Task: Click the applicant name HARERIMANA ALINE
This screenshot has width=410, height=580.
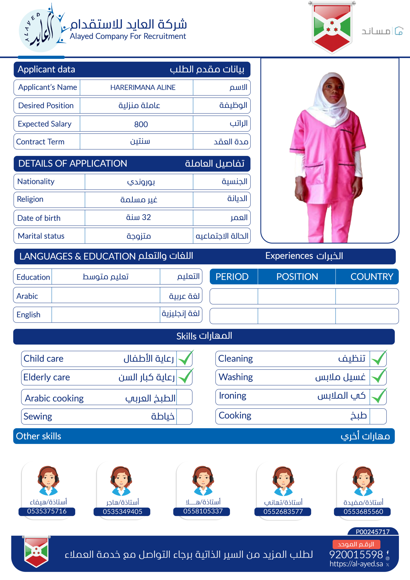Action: (143, 87)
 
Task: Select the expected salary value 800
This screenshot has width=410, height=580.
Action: (141, 124)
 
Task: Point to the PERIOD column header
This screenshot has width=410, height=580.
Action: (232, 277)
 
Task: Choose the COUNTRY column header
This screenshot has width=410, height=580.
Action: (371, 277)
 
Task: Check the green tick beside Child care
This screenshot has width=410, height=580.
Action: (185, 358)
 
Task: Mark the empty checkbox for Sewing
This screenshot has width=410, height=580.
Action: (184, 416)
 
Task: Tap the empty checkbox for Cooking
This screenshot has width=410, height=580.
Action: (378, 416)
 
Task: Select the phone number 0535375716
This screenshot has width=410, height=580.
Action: (47, 511)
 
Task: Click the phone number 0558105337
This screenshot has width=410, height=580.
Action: (203, 511)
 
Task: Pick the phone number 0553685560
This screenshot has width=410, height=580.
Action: (363, 512)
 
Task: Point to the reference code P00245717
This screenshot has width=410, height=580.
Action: (373, 532)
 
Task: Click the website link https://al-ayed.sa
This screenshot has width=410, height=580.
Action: (356, 564)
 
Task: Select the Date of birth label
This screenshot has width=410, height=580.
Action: (39, 218)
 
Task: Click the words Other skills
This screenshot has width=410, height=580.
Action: (39, 436)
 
